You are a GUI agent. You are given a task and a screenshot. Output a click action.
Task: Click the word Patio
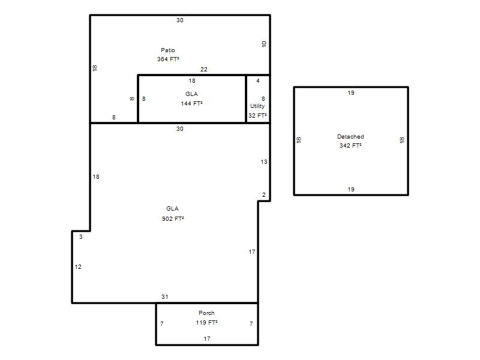point(168,50)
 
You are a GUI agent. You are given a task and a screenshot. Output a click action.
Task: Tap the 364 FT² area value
point(168,59)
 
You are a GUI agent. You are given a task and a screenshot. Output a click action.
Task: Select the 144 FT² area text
point(191,103)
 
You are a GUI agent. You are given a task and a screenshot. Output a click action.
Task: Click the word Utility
point(257,106)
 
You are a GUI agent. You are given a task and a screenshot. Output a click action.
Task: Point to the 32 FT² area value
point(257,115)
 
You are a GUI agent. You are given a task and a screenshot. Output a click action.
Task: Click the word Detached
point(350,137)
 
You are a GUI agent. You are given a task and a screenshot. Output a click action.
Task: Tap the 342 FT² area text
point(350,145)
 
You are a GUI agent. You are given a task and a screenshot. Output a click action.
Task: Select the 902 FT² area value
point(173,218)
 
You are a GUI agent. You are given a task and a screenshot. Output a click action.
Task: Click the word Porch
point(206,313)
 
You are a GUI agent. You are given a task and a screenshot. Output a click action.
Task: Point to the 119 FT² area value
point(206,322)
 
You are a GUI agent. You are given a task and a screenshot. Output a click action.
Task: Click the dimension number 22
point(204,70)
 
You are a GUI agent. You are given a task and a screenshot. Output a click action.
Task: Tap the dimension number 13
point(264,161)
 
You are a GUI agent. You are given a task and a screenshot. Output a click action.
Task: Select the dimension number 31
point(164,296)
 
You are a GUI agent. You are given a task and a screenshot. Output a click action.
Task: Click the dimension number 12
point(78,266)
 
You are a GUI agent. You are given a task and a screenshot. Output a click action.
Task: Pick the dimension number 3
point(81,236)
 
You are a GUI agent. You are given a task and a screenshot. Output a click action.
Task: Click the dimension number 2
point(264,194)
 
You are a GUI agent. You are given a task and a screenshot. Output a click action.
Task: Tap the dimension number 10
point(264,44)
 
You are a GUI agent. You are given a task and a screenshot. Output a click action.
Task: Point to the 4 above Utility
point(258,80)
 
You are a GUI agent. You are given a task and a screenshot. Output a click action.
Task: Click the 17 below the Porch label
point(207,338)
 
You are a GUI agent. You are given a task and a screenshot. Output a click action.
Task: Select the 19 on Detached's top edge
point(351,92)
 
